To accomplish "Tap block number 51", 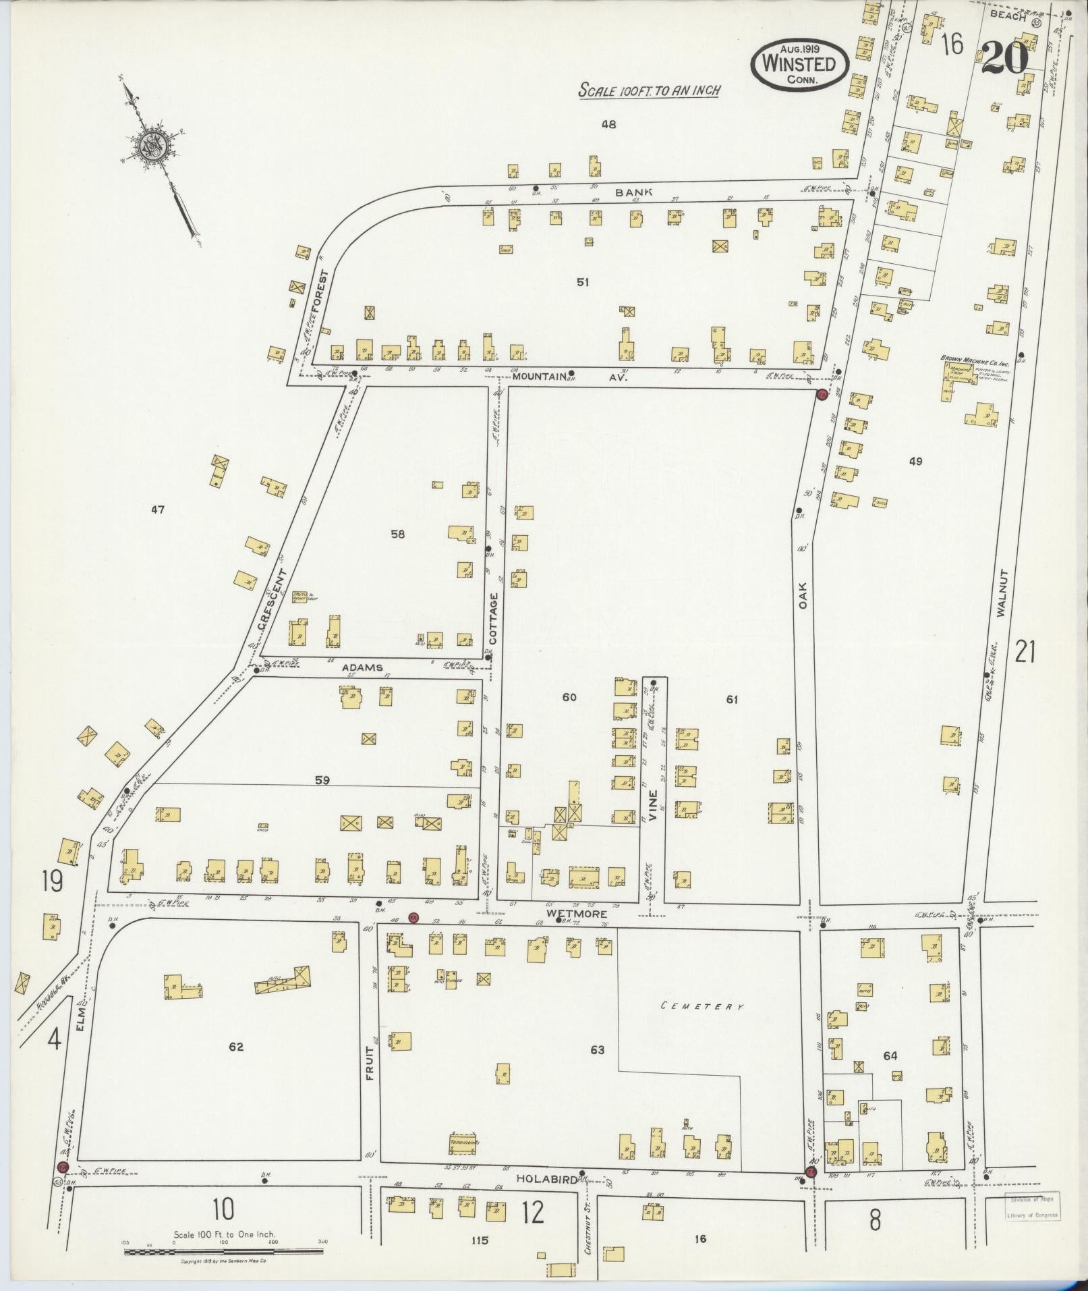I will (583, 283).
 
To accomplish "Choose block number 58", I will (398, 534).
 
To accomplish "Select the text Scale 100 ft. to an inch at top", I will (647, 90).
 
